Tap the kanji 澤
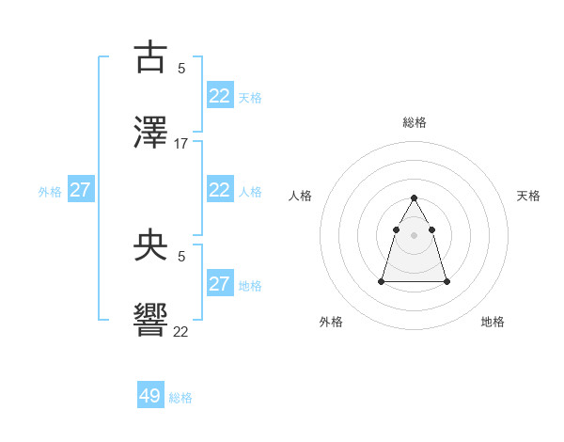(150, 133)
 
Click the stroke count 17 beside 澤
(181, 144)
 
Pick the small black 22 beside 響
(181, 331)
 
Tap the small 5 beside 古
(181, 68)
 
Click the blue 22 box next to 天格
(220, 96)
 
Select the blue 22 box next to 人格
(220, 190)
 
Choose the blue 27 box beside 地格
(220, 284)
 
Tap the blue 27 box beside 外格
(81, 190)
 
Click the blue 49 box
(150, 396)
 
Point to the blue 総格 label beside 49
(181, 398)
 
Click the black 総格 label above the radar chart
(415, 122)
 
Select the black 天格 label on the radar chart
(528, 196)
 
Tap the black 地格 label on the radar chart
(493, 322)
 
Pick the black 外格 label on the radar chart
(331, 322)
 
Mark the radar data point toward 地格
(446, 281)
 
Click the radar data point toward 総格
(415, 197)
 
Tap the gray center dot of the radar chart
(415, 234)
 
